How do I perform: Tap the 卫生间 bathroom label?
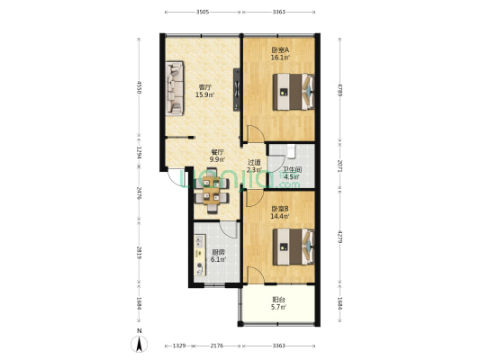pyautogui.click(x=292, y=174)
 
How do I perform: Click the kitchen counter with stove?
pyautogui.click(x=196, y=256)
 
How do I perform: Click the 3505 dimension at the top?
pyautogui.click(x=203, y=12)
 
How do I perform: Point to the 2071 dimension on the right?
pyautogui.click(x=339, y=166)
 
